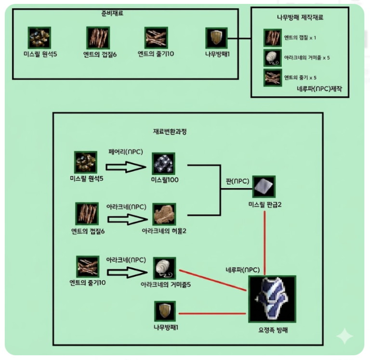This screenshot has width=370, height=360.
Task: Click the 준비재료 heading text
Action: click(x=112, y=13)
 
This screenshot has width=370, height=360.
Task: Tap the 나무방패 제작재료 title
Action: click(x=300, y=17)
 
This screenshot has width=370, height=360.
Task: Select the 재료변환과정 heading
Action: click(x=170, y=131)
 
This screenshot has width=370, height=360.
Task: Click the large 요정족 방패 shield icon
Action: click(x=272, y=299)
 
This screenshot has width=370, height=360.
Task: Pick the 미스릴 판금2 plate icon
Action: click(x=264, y=186)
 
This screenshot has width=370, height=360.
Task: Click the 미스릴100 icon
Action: click(x=164, y=164)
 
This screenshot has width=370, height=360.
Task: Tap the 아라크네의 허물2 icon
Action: click(x=164, y=214)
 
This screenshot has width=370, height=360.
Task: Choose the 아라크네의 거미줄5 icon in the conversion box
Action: click(x=164, y=268)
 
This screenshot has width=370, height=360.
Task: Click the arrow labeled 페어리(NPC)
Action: click(x=126, y=167)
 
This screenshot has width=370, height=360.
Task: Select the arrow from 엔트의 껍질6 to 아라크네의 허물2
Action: click(x=127, y=219)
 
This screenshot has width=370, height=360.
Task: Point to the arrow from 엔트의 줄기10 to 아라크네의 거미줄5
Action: click(x=127, y=272)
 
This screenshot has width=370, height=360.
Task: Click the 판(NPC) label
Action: click(x=238, y=181)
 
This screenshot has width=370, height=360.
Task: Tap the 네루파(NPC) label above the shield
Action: click(x=243, y=270)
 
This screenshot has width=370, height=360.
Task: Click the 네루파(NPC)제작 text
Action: click(x=319, y=89)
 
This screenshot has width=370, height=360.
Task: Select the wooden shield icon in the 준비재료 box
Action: click(x=216, y=38)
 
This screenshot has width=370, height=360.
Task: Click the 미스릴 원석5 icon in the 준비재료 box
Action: click(x=40, y=38)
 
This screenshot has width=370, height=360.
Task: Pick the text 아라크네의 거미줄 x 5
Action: click(x=307, y=58)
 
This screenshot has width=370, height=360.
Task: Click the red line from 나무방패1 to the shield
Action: click(x=212, y=313)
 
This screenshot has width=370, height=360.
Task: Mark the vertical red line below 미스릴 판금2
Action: click(x=265, y=243)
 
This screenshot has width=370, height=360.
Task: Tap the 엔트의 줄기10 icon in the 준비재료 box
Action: click(x=156, y=38)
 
